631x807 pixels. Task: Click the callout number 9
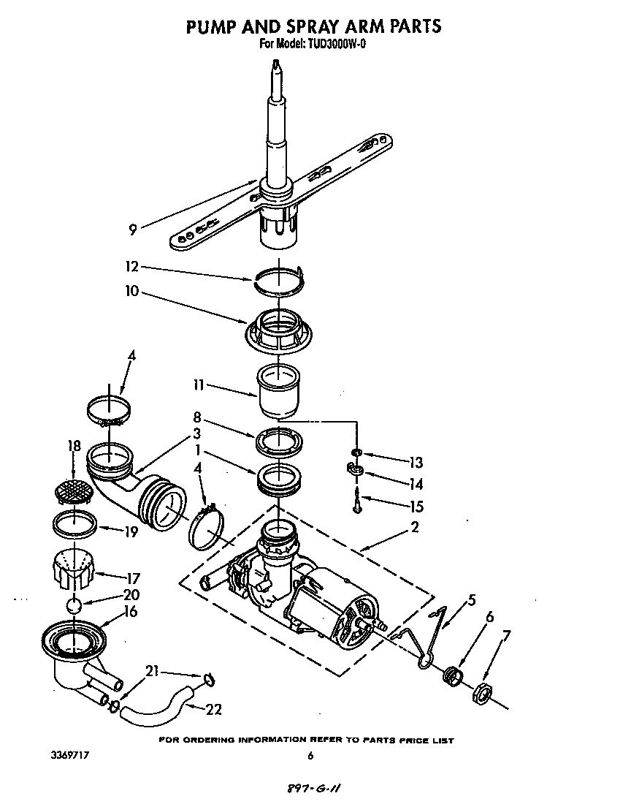pos(132,230)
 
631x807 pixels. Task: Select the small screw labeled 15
pos(356,504)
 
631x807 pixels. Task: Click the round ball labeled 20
pos(73,605)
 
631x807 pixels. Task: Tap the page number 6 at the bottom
pos(310,756)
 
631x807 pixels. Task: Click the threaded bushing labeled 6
pos(452,673)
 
